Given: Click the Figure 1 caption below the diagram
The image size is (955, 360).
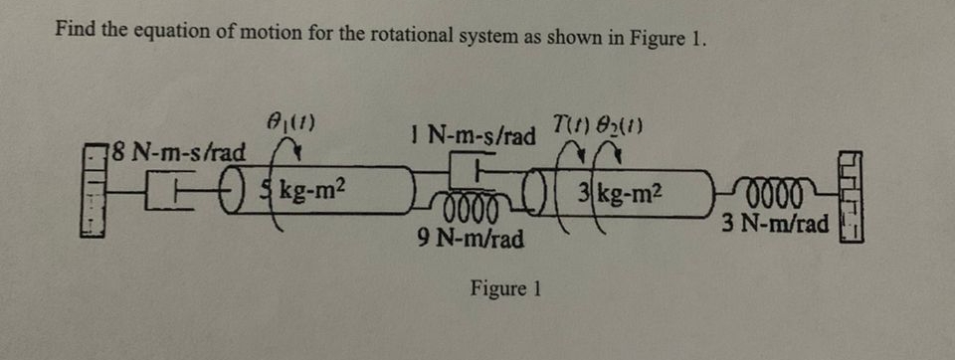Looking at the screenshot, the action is (505, 288).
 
